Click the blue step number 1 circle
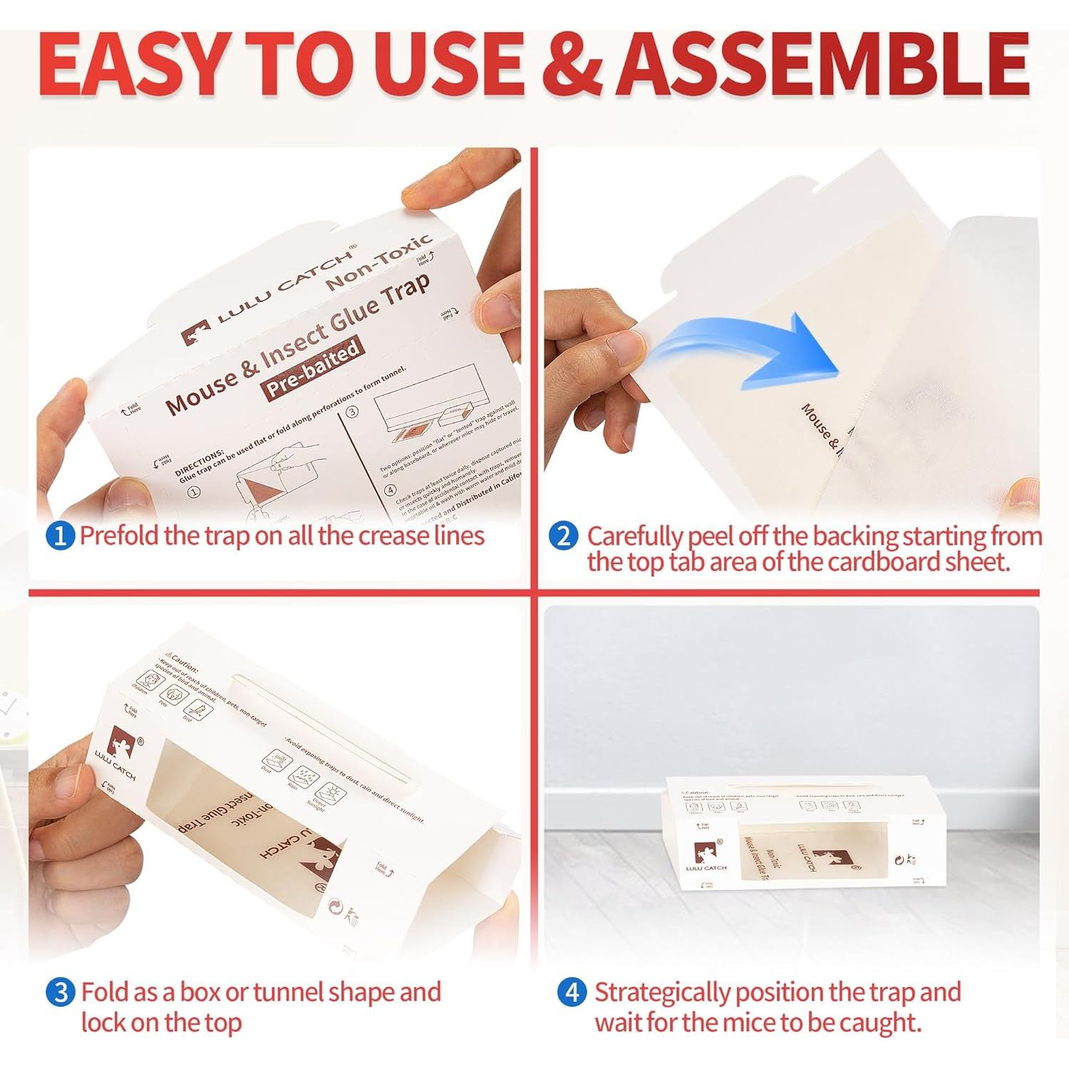(x=60, y=536)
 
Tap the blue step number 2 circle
(x=563, y=536)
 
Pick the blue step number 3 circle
(x=61, y=992)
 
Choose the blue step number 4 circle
(x=572, y=992)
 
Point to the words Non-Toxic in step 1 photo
(x=379, y=262)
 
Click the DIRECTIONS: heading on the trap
(x=200, y=463)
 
